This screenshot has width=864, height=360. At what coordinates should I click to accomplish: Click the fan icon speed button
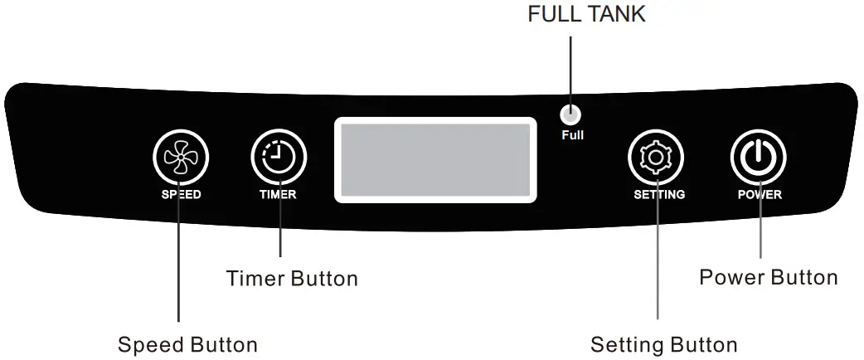(181, 158)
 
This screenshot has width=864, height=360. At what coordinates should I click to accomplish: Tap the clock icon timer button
(279, 158)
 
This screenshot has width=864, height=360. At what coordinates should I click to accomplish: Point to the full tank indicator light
(571, 115)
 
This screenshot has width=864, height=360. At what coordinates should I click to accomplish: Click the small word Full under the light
(572, 134)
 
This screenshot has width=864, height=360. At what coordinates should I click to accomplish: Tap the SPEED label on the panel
(181, 195)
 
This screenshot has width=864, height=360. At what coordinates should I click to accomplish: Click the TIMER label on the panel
(279, 195)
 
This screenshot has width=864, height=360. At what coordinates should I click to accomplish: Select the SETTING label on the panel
(659, 195)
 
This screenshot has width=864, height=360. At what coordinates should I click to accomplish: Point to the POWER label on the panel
(760, 195)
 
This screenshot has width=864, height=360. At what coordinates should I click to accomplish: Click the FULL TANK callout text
(586, 15)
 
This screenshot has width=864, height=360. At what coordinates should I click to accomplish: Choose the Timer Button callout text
(292, 279)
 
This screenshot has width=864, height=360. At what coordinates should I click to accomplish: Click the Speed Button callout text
(187, 344)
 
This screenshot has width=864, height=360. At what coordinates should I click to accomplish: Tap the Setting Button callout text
(663, 344)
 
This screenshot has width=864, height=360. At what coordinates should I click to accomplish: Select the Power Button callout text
(769, 276)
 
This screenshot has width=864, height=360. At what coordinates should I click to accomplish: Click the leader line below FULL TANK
(571, 71)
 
